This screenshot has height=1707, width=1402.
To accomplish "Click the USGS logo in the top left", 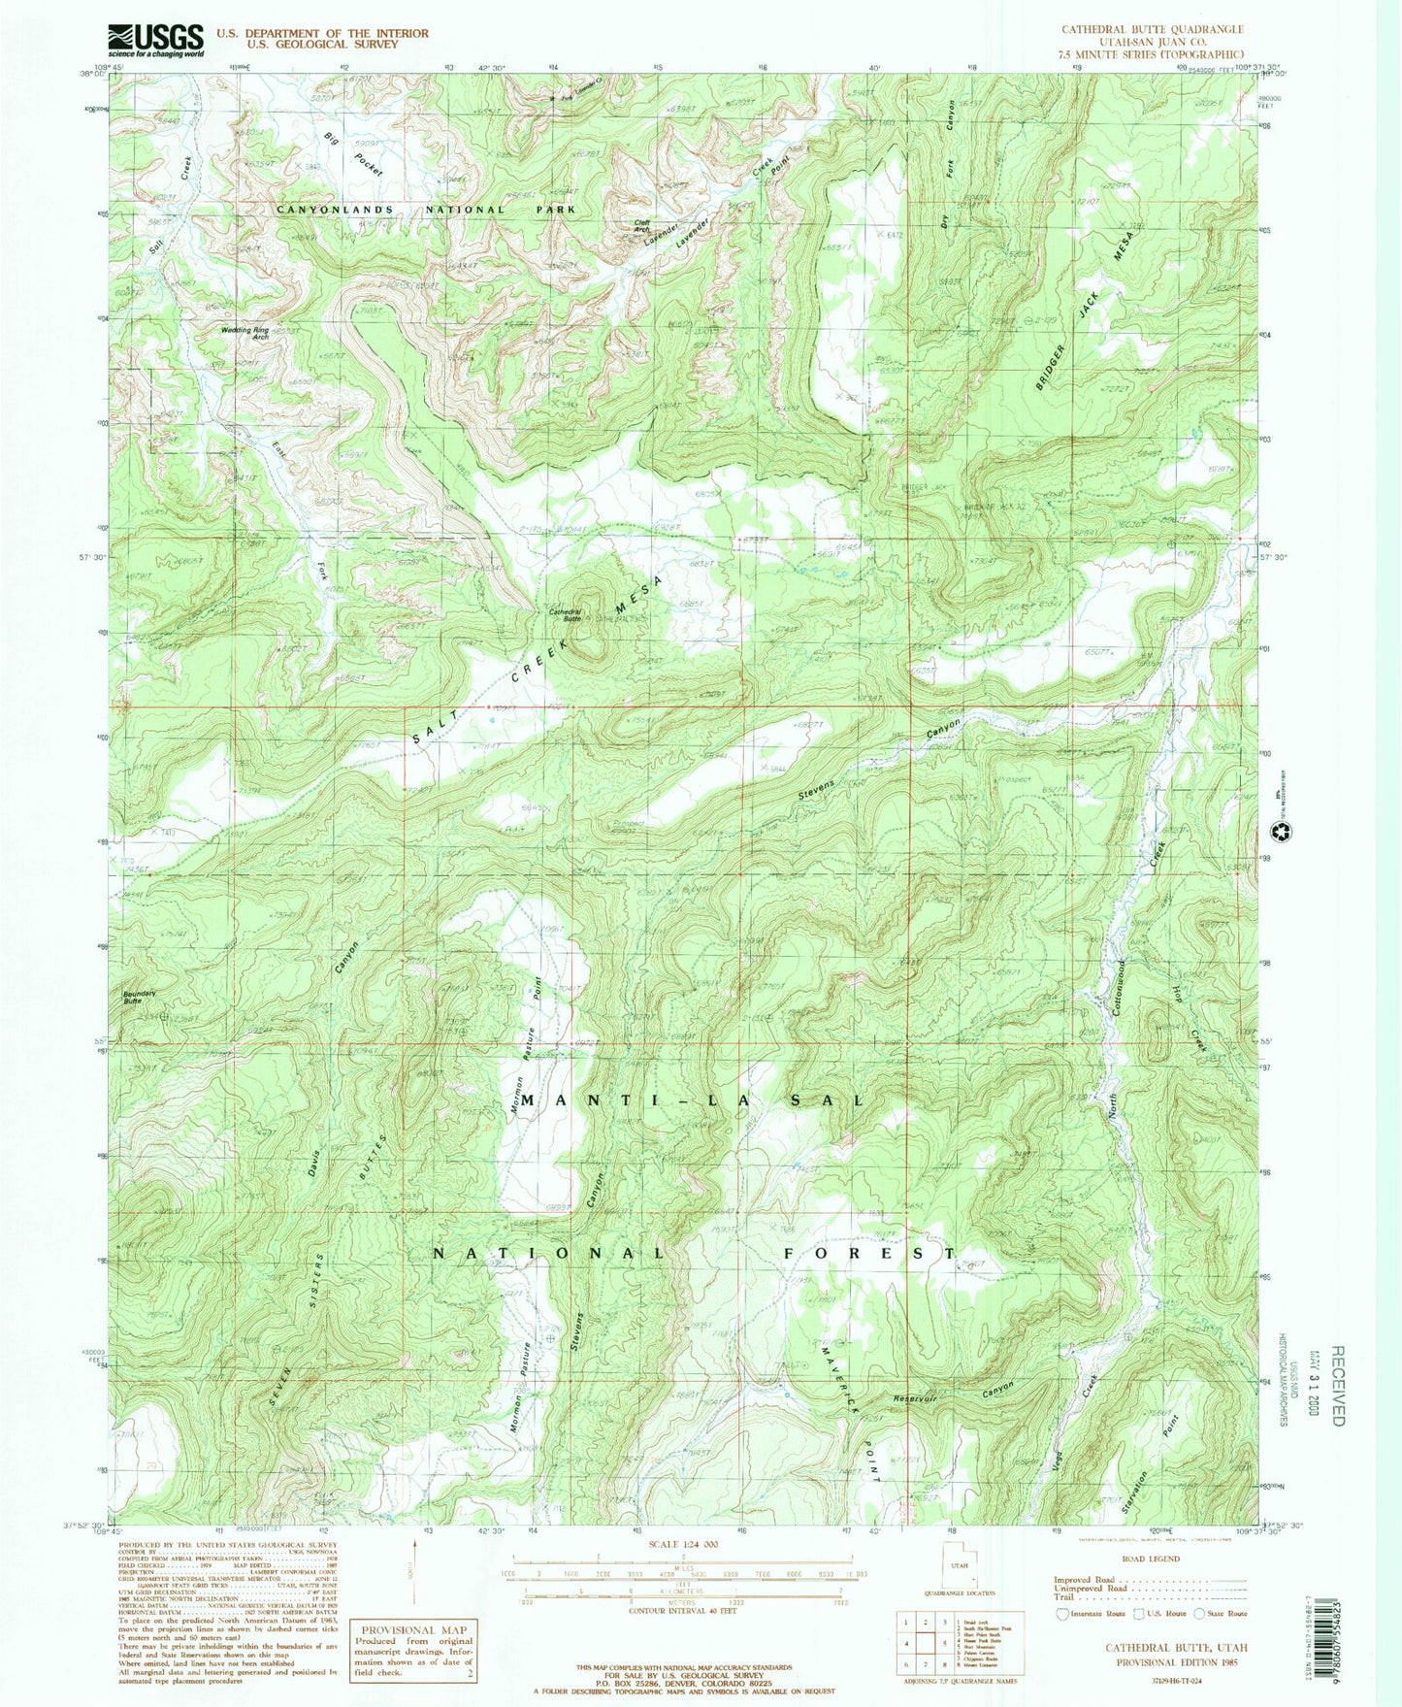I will pos(155,40).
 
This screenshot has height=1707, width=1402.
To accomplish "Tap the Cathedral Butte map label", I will pos(565,615).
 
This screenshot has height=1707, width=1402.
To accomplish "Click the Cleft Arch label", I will pos(641,225).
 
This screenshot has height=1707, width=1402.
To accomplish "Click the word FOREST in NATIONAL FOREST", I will pos(868,1253).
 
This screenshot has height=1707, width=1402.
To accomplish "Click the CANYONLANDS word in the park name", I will pos(336,209).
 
